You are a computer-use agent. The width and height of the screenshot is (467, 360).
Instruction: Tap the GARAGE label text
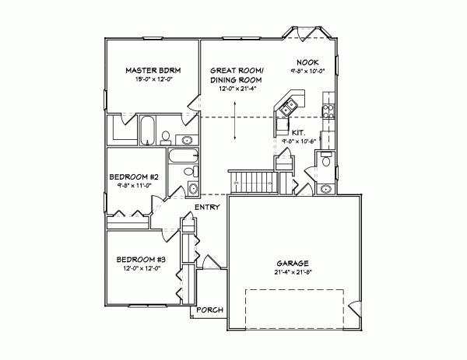(293, 263)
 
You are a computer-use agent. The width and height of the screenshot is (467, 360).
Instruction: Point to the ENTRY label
(206, 206)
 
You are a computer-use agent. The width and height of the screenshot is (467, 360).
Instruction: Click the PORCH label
(209, 310)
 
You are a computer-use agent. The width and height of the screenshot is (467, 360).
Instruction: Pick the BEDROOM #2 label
(133, 177)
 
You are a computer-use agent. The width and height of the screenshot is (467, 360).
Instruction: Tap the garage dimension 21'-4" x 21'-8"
(293, 272)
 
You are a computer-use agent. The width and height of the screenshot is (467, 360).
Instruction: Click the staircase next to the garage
(255, 183)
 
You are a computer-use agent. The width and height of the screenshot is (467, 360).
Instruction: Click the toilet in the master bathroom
(165, 137)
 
